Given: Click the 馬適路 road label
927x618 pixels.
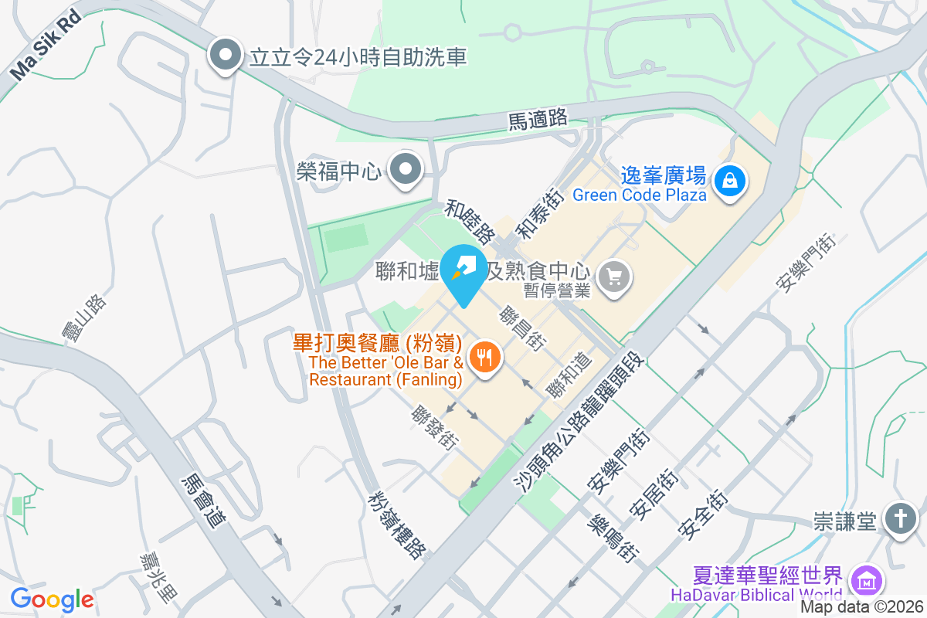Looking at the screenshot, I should coord(538,120).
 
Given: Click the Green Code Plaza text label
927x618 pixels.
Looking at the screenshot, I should coord(639,195).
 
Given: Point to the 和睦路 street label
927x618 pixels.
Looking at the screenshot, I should coord(470,220).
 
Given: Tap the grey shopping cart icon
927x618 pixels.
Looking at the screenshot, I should coord(615,277).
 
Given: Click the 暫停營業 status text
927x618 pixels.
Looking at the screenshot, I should coord(557,290).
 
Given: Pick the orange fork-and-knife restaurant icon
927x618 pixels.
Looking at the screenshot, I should coord(484,357).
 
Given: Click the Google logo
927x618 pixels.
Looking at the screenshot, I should coord(52,599).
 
